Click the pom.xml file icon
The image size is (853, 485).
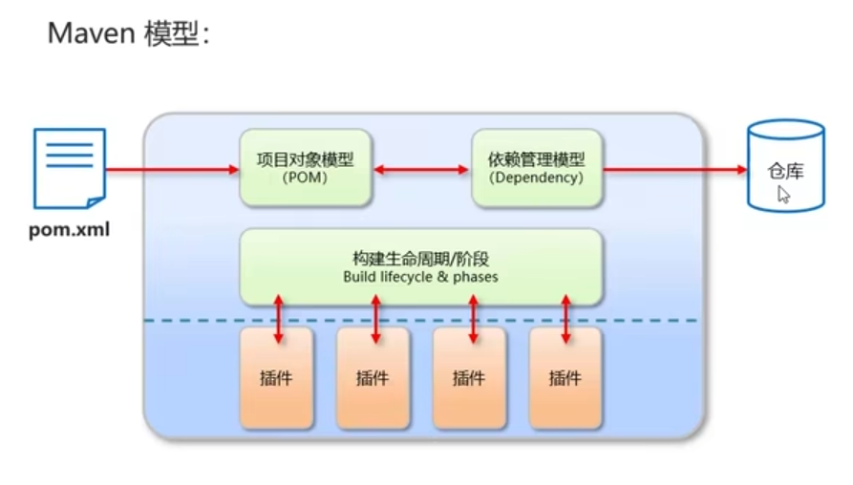click(x=70, y=168)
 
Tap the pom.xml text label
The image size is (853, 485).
click(x=69, y=229)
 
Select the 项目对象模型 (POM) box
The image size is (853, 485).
click(x=306, y=168)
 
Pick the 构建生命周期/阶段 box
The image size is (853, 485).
click(x=420, y=266)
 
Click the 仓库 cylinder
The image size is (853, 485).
click(x=786, y=166)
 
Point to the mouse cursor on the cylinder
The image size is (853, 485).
click(x=783, y=194)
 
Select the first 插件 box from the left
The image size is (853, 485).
click(x=276, y=378)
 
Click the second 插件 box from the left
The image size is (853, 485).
click(x=373, y=378)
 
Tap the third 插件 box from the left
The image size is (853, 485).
click(x=469, y=378)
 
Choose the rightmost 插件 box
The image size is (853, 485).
click(x=565, y=378)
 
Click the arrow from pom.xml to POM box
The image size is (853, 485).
click(x=172, y=170)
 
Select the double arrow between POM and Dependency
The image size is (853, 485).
click(x=421, y=170)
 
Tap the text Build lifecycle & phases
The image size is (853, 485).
click(x=420, y=278)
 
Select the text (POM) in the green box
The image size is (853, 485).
click(x=306, y=178)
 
